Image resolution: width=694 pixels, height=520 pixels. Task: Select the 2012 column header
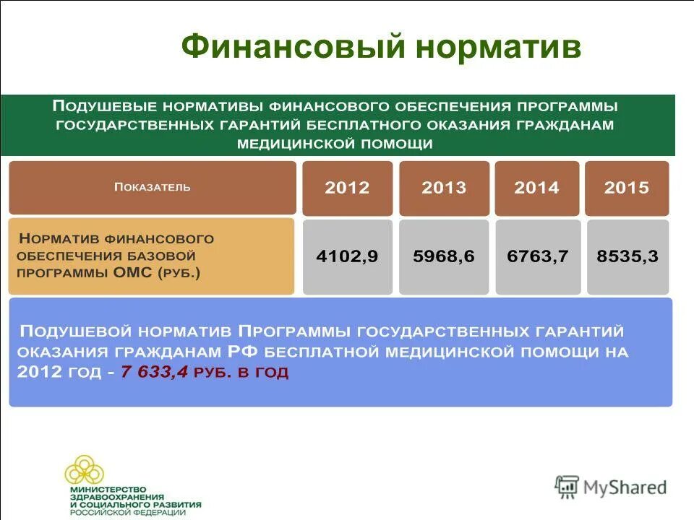click(347, 188)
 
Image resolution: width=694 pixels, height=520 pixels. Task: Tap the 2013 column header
click(444, 188)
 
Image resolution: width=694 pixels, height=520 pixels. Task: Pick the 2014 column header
click(536, 188)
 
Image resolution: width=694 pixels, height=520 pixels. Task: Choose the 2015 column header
click(627, 188)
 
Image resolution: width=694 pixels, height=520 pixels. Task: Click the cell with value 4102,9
click(347, 256)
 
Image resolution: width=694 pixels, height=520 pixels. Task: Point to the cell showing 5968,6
click(444, 256)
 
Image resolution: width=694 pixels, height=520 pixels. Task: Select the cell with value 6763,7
click(537, 256)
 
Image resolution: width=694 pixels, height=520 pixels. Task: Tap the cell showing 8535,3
click(627, 256)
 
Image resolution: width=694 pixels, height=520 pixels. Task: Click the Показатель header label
click(153, 187)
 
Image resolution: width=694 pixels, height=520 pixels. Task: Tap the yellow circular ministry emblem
click(85, 470)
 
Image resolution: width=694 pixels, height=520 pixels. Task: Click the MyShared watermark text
click(625, 487)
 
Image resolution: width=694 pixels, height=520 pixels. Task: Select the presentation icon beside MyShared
click(567, 487)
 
